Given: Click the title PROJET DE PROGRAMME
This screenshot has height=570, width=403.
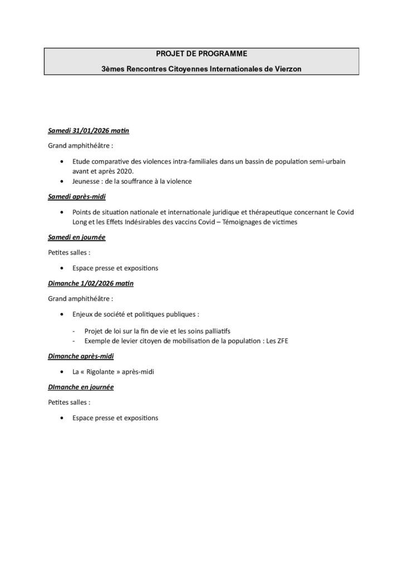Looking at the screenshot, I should pyautogui.click(x=202, y=53).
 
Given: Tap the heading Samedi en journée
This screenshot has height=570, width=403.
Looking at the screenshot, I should pyautogui.click(x=76, y=238).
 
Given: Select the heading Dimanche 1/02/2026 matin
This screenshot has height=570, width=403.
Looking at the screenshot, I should pyautogui.click(x=91, y=283).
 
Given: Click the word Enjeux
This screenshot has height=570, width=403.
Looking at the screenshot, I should pyautogui.click(x=82, y=313).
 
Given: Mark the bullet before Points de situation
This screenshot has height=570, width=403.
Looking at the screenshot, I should pyautogui.click(x=61, y=212).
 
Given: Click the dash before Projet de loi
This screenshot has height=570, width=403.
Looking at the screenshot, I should pyautogui.click(x=75, y=330).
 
